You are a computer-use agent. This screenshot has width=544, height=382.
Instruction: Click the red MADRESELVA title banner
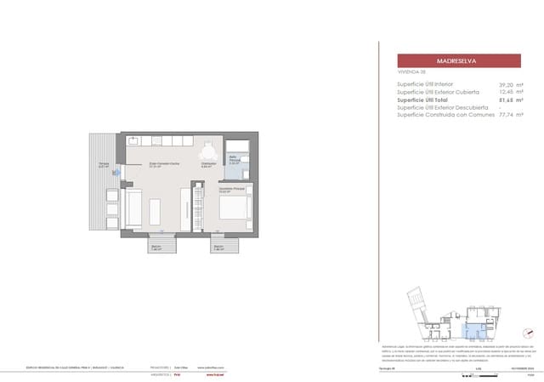(x=459, y=61)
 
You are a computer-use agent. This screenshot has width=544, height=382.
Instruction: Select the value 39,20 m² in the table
(x=510, y=85)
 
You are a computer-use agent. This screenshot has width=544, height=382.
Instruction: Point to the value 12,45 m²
(x=510, y=93)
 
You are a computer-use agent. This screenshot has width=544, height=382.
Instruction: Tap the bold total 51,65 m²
(x=510, y=100)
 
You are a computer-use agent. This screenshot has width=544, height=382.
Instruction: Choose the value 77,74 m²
(x=510, y=115)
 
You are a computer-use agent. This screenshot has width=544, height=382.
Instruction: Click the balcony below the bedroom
(x=224, y=245)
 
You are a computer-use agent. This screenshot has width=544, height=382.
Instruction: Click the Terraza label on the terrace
(x=103, y=164)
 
